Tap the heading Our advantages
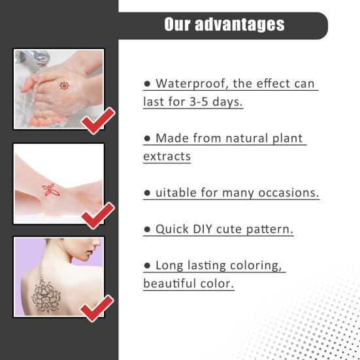[224, 24]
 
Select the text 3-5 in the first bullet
[199, 102]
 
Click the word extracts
[167, 156]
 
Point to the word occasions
[289, 193]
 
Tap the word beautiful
[170, 284]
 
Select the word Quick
[172, 229]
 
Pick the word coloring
[255, 266]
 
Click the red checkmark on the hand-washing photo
[98, 121]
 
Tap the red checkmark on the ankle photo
[98, 216]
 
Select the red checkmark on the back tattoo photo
[97, 308]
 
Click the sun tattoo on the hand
[64, 86]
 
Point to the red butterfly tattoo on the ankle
[51, 190]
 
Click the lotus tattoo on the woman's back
[46, 295]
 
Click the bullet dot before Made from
[147, 139]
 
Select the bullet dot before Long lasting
[147, 266]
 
